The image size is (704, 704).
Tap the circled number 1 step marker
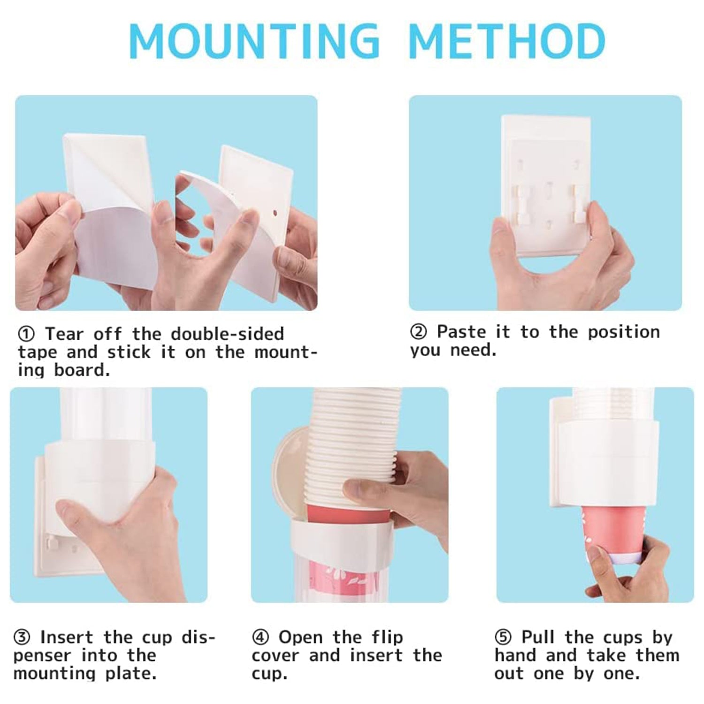[x=26, y=335]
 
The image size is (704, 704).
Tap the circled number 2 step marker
[x=418, y=332]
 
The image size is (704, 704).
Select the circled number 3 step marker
[x=22, y=638]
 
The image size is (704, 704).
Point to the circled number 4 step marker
[x=260, y=638]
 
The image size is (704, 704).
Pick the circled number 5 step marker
[x=503, y=638]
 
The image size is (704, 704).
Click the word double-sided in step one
[x=227, y=334]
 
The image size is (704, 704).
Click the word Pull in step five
[x=538, y=638]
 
